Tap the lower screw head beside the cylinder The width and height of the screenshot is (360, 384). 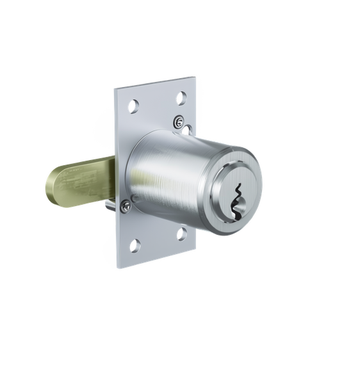(126, 204)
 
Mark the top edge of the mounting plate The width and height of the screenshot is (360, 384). (154, 83)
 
